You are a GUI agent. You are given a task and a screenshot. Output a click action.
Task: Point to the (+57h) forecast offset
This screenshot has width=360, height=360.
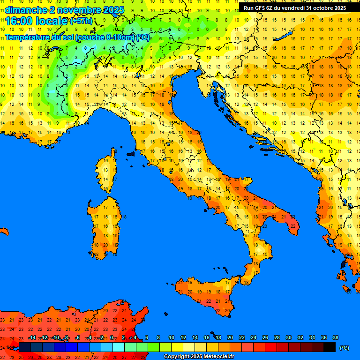81,22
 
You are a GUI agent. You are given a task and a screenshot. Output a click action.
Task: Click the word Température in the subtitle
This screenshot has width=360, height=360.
28,37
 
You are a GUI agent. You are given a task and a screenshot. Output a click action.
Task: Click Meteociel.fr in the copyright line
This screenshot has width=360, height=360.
217,357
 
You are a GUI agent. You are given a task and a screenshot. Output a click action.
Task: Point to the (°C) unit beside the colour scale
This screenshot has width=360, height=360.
344,348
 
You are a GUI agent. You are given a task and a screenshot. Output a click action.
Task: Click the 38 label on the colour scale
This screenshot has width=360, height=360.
335,338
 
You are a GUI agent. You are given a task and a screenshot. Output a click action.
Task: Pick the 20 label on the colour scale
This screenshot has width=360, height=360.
230,338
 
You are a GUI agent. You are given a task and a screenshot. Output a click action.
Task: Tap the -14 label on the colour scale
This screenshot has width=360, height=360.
32,338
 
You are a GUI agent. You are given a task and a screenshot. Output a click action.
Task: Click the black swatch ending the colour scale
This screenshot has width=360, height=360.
330,347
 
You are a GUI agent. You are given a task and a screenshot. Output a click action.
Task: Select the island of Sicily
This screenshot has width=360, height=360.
206,293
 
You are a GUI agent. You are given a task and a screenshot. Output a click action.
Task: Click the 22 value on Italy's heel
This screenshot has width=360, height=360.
293,226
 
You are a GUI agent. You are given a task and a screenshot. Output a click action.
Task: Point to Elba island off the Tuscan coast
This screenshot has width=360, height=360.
131,153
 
